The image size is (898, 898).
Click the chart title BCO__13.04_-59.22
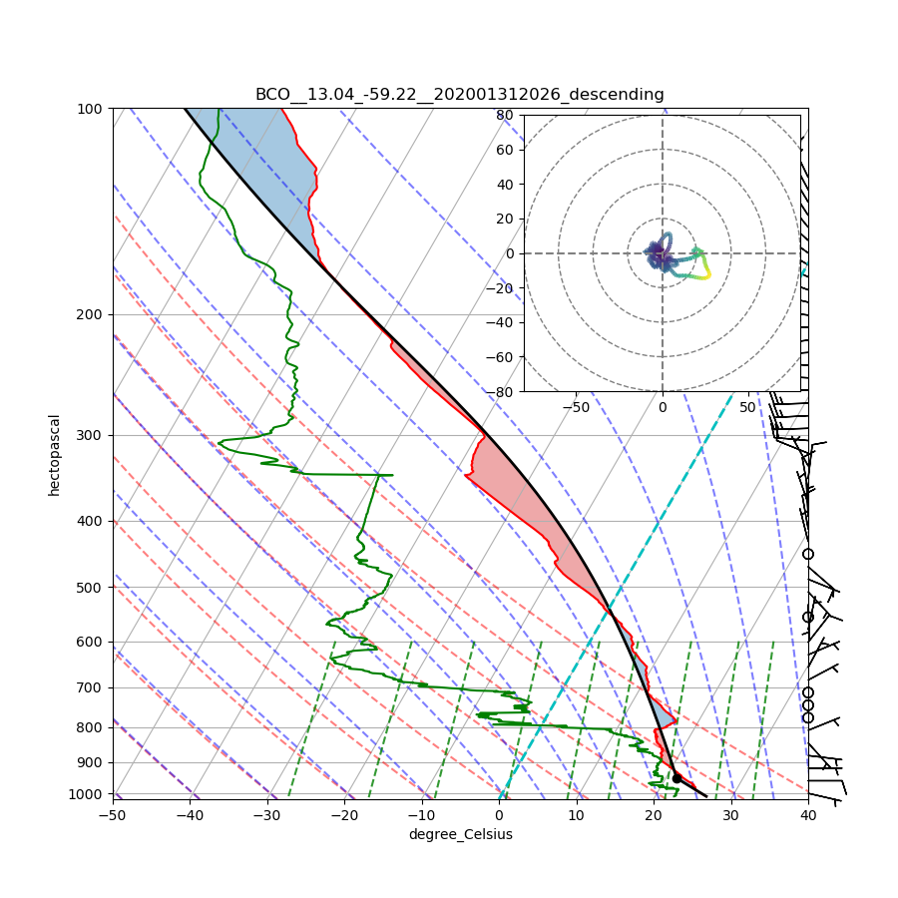(459, 95)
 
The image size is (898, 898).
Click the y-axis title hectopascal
(54, 454)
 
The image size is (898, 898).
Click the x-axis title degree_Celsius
(460, 834)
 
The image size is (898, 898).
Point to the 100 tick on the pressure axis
(92, 108)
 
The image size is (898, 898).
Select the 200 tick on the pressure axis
(92, 314)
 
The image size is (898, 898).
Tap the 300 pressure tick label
(92, 435)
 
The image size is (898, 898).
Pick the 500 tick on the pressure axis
(92, 587)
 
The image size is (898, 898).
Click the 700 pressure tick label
(92, 687)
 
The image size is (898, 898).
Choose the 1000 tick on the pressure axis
(90, 793)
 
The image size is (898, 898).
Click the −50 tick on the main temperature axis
(113, 816)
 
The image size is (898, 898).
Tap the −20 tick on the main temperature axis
(344, 816)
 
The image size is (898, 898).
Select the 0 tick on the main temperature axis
(499, 816)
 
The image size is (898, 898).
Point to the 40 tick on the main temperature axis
(808, 816)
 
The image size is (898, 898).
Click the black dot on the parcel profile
(676, 778)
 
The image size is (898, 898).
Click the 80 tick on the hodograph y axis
(505, 115)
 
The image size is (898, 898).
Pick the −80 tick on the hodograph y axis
(502, 392)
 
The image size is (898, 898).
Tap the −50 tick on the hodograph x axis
(576, 407)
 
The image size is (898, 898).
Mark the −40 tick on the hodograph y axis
(502, 322)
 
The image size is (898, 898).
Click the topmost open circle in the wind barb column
(808, 554)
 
